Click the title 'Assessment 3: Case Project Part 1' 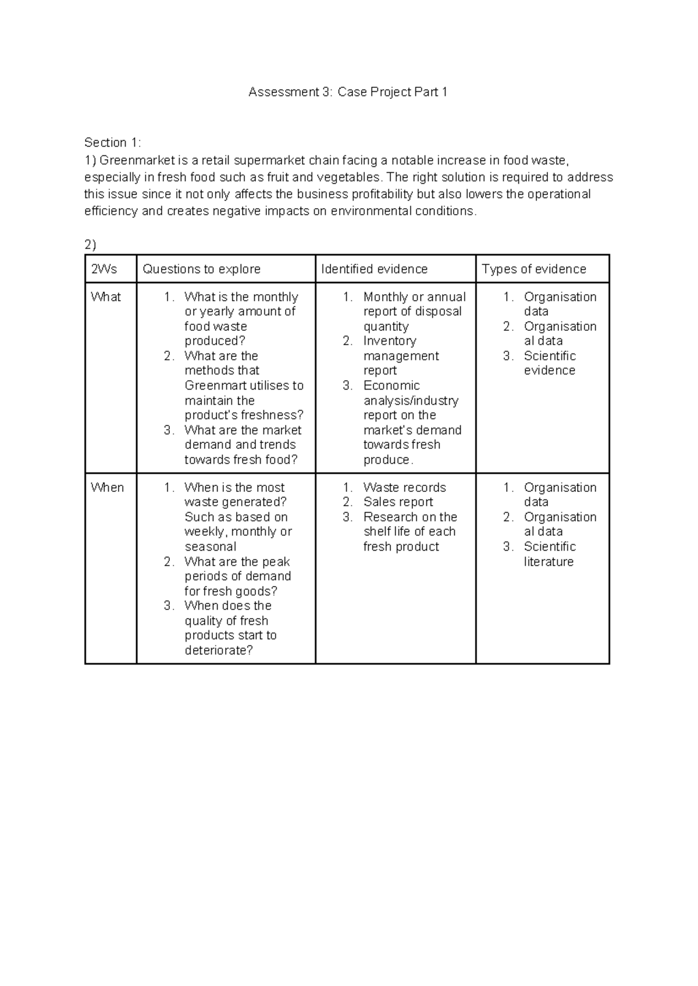tap(348, 92)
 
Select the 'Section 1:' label tap(113, 142)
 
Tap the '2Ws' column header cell tap(104, 269)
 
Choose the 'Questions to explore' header tap(201, 269)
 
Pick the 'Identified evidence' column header tap(374, 269)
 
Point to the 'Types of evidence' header tap(534, 269)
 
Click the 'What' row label tap(106, 296)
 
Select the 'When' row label tap(107, 487)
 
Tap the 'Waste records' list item tap(404, 487)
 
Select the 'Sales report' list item tap(398, 502)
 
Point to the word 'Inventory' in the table tap(390, 341)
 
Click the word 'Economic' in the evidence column tap(391, 385)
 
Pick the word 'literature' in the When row tap(549, 562)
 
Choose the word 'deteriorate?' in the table tap(219, 650)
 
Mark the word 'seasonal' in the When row tap(211, 546)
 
